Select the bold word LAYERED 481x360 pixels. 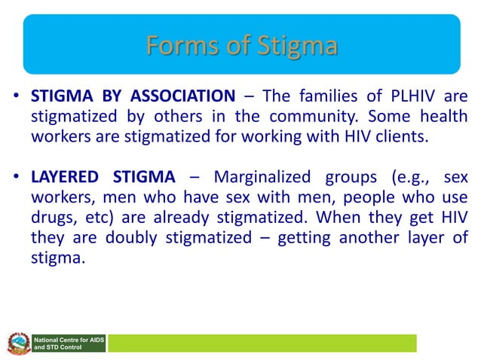(x=65, y=178)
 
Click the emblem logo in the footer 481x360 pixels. (x=16, y=343)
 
